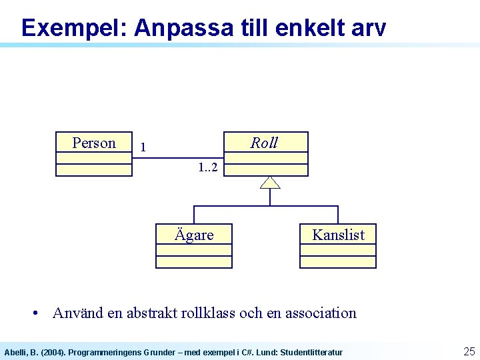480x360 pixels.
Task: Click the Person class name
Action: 93,143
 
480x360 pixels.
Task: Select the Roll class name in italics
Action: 264,143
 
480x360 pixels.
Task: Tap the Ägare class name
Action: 194,235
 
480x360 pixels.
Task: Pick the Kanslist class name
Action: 339,235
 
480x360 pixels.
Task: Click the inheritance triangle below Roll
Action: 270,183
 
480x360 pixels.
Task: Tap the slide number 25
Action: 469,351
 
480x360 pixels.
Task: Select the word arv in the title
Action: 365,28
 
